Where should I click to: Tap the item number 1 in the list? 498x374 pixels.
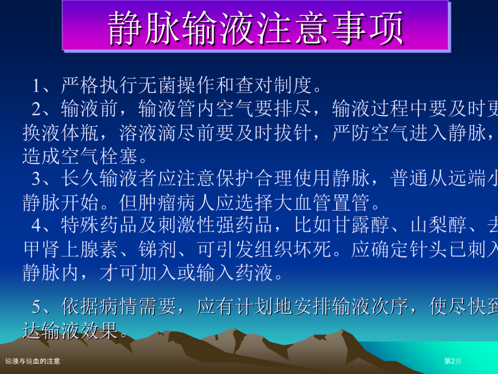pyautogui.click(x=37, y=86)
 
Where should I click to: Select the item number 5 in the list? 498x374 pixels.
pyautogui.click(x=36, y=307)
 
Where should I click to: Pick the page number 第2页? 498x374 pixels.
pyautogui.click(x=453, y=361)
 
